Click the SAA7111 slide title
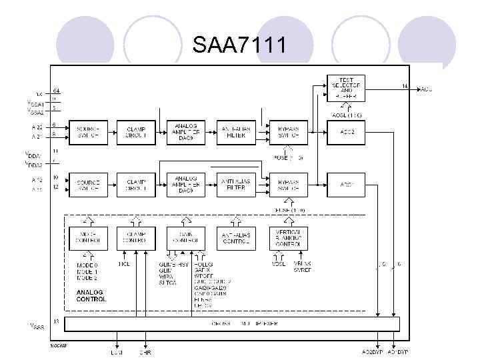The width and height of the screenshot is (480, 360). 240,45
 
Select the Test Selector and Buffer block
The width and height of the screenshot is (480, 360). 347,87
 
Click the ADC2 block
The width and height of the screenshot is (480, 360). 347,131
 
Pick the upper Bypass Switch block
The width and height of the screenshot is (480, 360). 288,131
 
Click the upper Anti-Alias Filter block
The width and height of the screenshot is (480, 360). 237,131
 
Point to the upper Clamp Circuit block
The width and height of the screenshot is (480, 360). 136,131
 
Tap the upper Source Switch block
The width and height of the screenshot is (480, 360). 88,131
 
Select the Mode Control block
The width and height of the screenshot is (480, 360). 88,238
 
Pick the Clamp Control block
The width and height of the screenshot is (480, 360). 136,238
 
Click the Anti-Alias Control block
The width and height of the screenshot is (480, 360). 237,238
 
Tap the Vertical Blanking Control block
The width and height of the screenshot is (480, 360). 288,238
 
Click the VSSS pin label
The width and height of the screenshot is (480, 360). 37,326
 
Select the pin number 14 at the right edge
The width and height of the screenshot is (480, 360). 404,86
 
